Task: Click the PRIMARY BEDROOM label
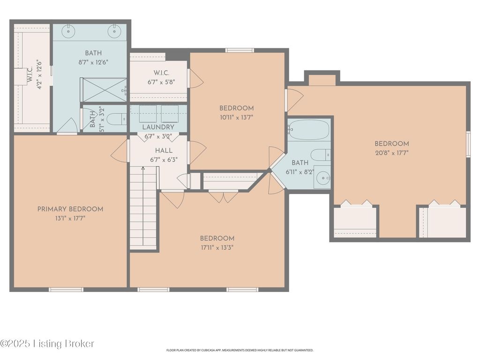[70, 209]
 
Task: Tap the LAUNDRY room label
[158, 127]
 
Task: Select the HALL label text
[164, 150]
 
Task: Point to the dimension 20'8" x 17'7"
[392, 153]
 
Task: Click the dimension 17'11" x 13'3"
[217, 247]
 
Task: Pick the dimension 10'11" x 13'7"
[236, 117]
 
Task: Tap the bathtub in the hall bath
[308, 129]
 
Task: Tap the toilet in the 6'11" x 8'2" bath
[321, 155]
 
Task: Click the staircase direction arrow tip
[143, 167]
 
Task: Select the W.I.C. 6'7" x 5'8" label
[161, 77]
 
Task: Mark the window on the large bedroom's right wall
[468, 144]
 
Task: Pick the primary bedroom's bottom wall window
[67, 289]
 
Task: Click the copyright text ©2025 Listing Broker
[47, 344]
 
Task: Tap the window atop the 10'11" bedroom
[240, 51]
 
